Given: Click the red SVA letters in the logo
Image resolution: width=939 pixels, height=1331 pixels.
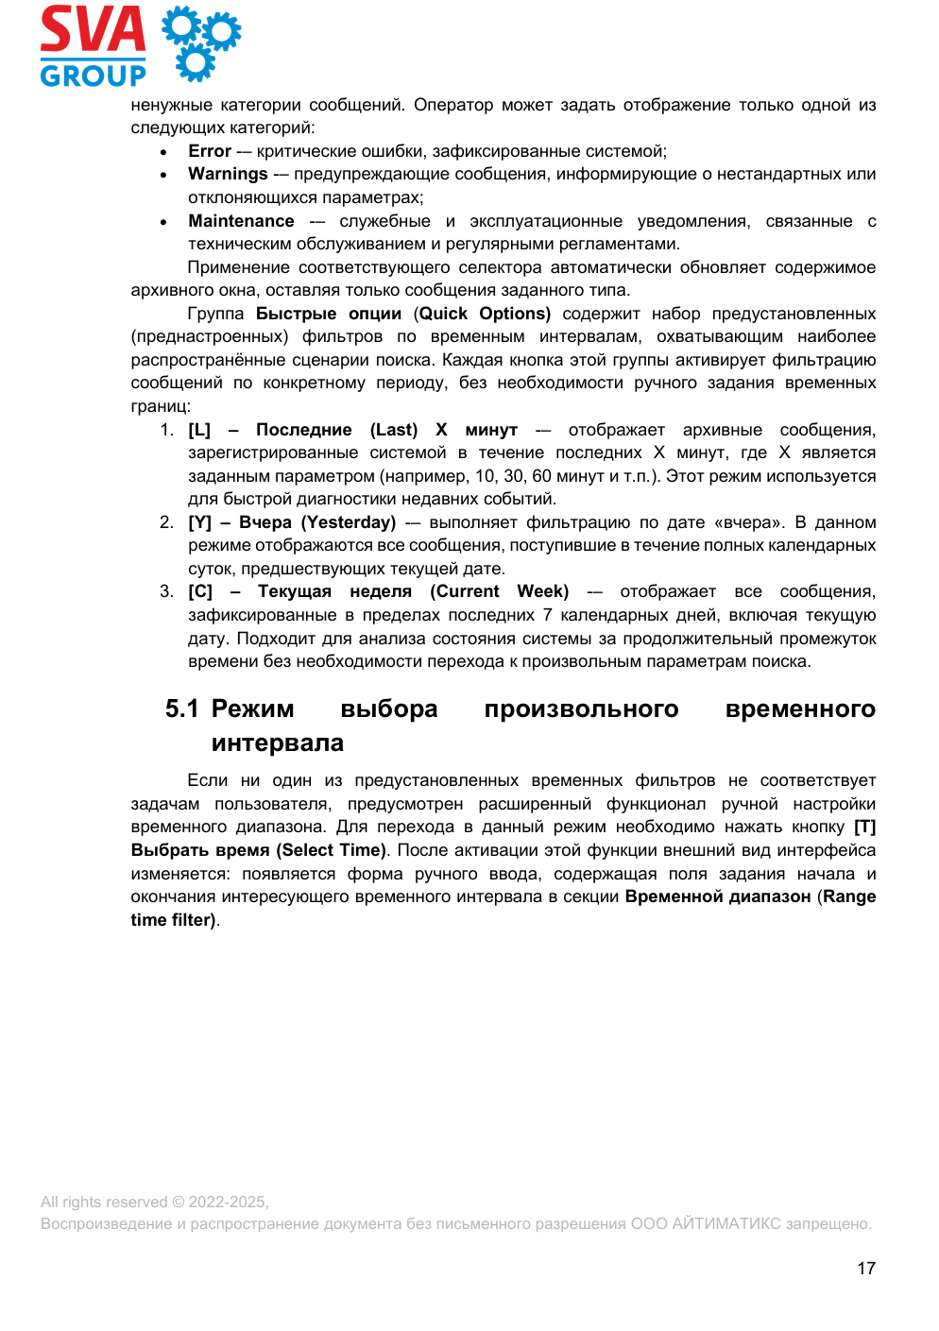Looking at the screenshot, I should pyautogui.click(x=93, y=30).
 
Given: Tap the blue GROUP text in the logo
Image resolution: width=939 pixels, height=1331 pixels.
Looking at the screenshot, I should pyautogui.click(x=93, y=75).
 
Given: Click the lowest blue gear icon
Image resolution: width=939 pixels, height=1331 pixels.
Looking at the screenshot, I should pyautogui.click(x=196, y=62).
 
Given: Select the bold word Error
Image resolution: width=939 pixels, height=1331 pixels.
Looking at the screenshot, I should pyautogui.click(x=210, y=151).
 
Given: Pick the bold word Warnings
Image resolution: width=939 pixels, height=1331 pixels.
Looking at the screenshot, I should pyautogui.click(x=228, y=174).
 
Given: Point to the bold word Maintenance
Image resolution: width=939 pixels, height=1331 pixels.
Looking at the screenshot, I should pyautogui.click(x=241, y=221).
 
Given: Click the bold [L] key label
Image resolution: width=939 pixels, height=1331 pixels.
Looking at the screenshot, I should pyautogui.click(x=199, y=430).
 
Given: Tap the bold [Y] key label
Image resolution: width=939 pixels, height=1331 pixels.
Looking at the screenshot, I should pyautogui.click(x=199, y=522).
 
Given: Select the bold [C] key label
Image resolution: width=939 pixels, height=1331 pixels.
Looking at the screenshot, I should pyautogui.click(x=199, y=591).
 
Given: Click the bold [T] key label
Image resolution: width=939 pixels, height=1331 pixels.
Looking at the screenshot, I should pyautogui.click(x=864, y=827).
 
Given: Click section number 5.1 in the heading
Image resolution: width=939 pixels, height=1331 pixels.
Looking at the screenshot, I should pyautogui.click(x=181, y=708).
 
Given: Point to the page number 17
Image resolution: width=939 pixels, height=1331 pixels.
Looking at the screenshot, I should pyautogui.click(x=866, y=1269).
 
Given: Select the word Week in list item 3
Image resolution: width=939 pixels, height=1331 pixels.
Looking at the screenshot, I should pyautogui.click(x=541, y=591).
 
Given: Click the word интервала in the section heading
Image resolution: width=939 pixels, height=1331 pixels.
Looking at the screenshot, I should pyautogui.click(x=277, y=742).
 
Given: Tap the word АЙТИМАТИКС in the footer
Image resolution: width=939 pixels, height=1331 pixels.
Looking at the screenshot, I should pyautogui.click(x=726, y=1223).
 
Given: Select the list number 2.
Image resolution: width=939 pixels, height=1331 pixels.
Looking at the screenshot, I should pyautogui.click(x=166, y=522).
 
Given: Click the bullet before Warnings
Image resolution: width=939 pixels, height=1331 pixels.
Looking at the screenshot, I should pyautogui.click(x=163, y=175).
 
